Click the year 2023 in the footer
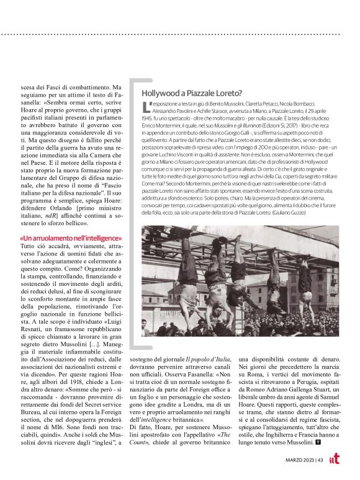(305, 460)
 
